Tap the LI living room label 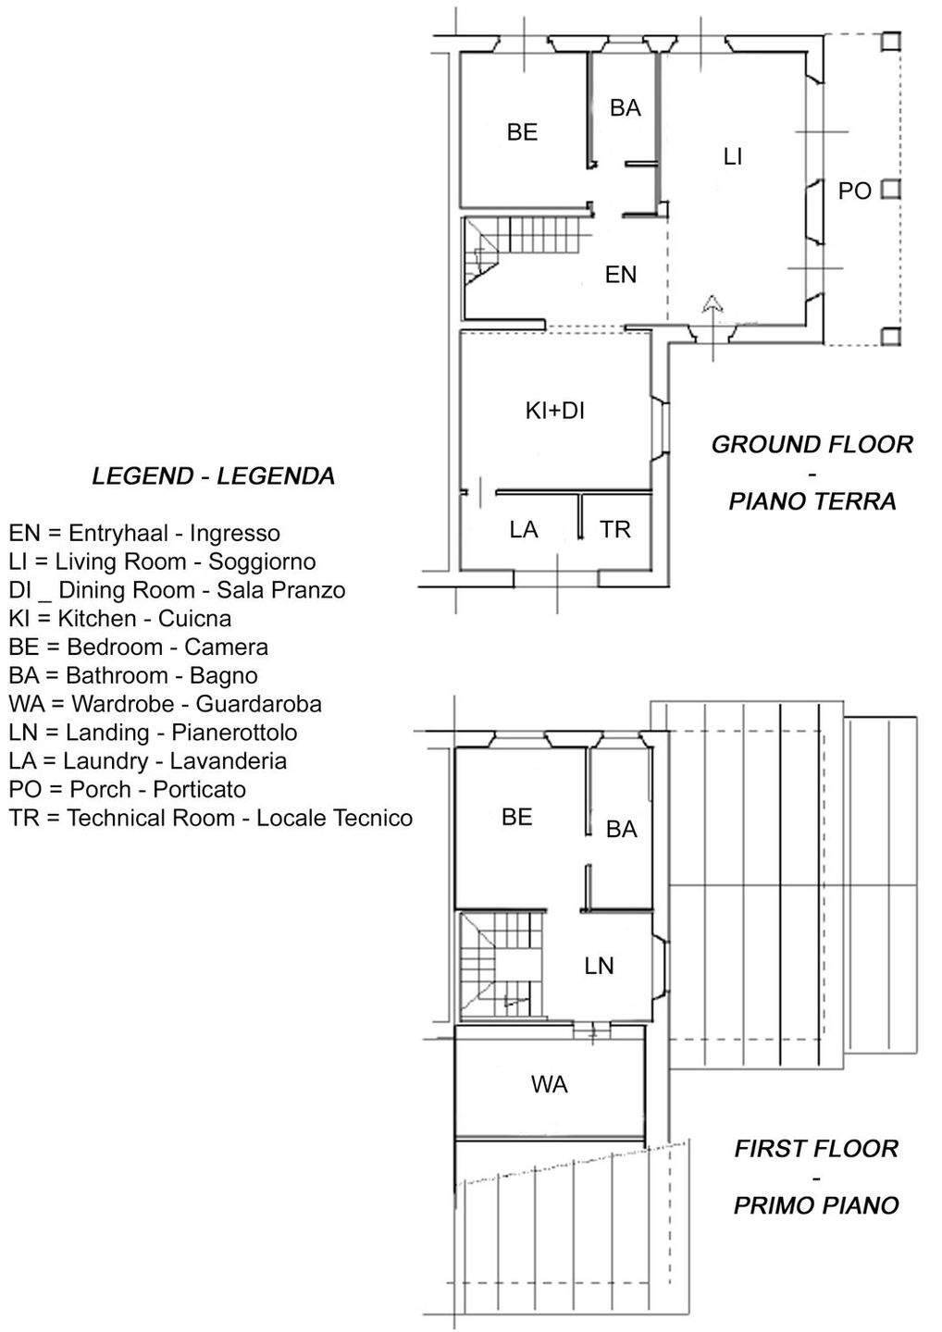pyautogui.click(x=732, y=157)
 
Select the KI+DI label pyautogui.click(x=555, y=411)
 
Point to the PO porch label pyautogui.click(x=854, y=191)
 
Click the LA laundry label pyautogui.click(x=524, y=529)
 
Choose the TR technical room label pyautogui.click(x=614, y=529)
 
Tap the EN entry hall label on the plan pyautogui.click(x=621, y=275)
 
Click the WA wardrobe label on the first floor pyautogui.click(x=549, y=1084)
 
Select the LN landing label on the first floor pyautogui.click(x=599, y=967)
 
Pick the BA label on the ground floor pyautogui.click(x=626, y=108)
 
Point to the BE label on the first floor pyautogui.click(x=516, y=817)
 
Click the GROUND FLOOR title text pyautogui.click(x=812, y=445)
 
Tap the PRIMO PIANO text pyautogui.click(x=816, y=1206)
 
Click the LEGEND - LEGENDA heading pyautogui.click(x=213, y=476)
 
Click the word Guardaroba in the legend pyautogui.click(x=259, y=704)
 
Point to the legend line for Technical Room pyautogui.click(x=211, y=819)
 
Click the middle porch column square pyautogui.click(x=890, y=190)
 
